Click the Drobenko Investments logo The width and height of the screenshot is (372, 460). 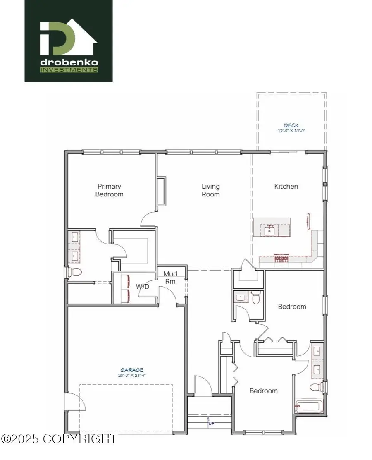69,41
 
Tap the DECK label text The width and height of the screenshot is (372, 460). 291,125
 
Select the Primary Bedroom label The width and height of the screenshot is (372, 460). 110,190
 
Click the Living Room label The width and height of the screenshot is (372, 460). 210,190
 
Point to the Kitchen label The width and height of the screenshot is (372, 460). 286,187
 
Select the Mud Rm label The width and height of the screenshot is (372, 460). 170,278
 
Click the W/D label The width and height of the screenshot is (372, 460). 143,286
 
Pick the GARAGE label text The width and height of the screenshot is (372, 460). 132,370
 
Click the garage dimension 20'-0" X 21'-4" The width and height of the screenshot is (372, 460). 132,376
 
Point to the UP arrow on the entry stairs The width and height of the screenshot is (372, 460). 208,421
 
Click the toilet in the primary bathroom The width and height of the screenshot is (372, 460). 74,272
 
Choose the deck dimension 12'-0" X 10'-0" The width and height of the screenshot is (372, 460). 291,131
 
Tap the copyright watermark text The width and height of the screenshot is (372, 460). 58,438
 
